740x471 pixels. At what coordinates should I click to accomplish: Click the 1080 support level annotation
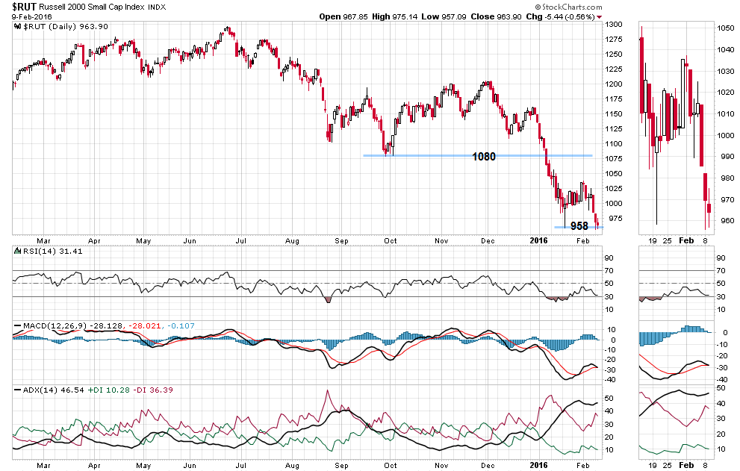483,157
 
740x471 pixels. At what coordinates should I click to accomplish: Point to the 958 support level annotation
579,225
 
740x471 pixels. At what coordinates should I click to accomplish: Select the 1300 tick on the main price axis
614,25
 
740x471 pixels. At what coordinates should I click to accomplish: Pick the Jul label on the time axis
241,241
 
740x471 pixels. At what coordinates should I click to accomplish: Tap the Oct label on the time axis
390,241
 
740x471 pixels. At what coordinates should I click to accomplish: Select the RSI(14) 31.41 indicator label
43,252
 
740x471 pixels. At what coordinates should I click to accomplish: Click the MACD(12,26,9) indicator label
49,325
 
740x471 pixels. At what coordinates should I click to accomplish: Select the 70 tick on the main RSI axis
609,271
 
